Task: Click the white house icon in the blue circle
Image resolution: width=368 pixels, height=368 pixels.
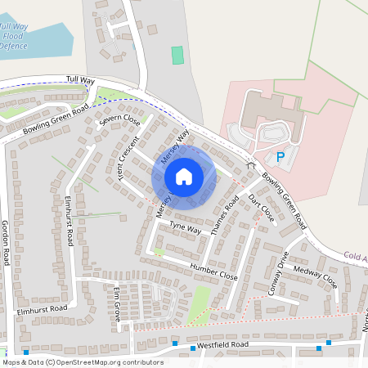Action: click(184, 177)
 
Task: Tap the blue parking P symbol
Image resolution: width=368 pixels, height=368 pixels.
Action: click(280, 157)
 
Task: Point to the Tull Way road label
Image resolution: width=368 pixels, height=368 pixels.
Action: click(81, 80)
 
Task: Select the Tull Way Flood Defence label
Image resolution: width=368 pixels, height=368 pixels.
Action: click(14, 36)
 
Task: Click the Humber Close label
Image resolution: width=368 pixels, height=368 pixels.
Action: click(213, 272)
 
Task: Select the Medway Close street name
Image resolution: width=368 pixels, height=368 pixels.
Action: click(315, 278)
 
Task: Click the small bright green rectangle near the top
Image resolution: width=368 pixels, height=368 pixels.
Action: click(177, 56)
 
